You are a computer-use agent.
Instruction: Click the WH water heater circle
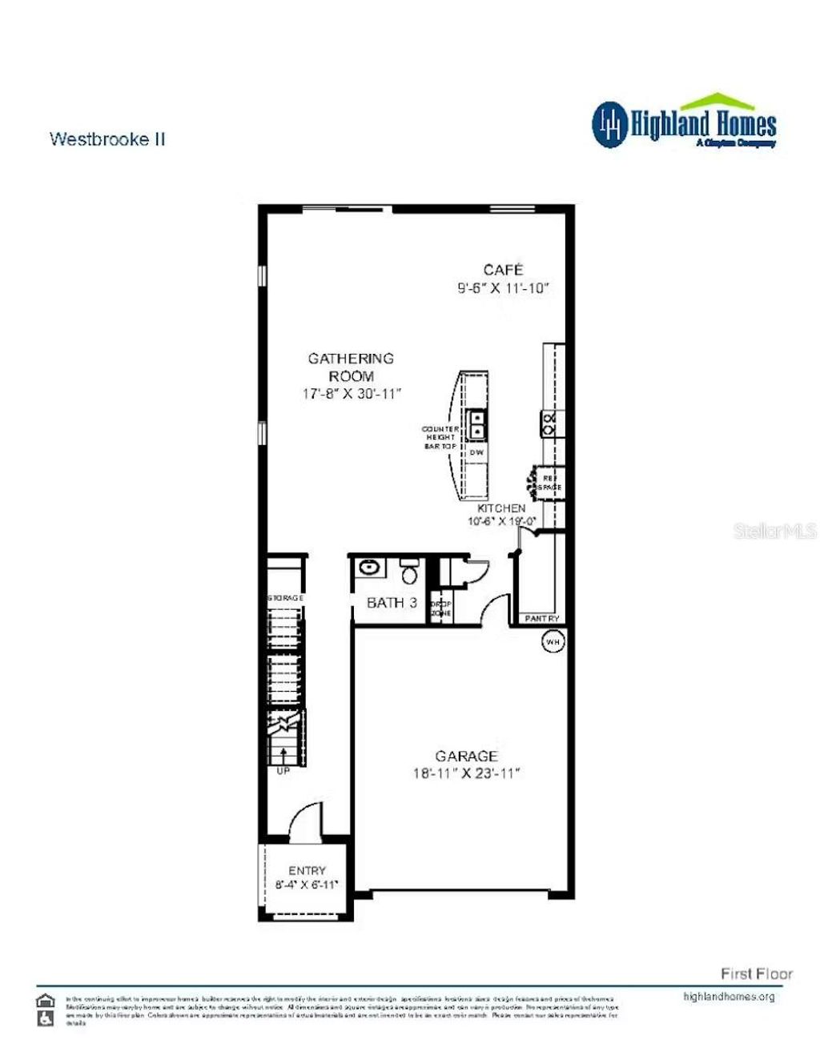point(553,641)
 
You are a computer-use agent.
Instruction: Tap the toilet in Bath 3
point(409,572)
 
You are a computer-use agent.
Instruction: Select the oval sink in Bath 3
point(369,568)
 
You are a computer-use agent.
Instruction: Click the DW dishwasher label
point(476,452)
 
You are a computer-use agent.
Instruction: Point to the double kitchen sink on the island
point(477,424)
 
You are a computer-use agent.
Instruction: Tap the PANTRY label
point(542,618)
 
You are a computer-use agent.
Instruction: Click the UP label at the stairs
point(283,771)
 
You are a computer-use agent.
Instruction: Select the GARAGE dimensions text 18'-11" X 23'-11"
point(466,773)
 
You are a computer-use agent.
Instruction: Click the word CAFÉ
point(503,270)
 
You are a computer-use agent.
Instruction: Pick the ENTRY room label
point(307,870)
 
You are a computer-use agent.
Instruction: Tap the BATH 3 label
point(392,603)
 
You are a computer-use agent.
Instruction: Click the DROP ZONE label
point(441,608)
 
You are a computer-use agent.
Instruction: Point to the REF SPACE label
point(549,483)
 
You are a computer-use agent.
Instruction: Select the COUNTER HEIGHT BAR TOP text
point(440,437)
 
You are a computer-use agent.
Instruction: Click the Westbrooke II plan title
point(107,139)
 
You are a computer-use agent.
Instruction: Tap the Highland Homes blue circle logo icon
point(609,124)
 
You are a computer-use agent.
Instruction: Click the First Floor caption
point(756,974)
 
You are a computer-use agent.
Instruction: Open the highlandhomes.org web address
point(729,997)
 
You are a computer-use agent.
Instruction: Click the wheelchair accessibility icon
point(46,1018)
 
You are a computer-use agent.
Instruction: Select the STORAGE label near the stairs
point(285,598)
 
